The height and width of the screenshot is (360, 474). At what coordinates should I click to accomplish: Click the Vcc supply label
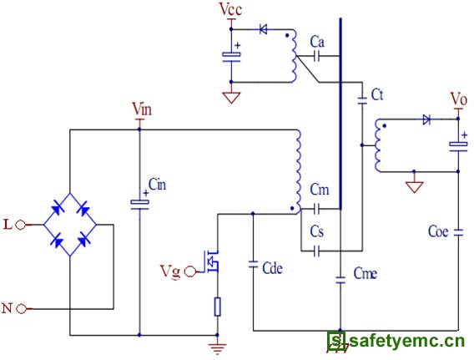[230, 9]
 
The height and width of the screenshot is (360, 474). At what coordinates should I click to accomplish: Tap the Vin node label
[142, 109]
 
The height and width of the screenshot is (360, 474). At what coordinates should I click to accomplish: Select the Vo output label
[459, 99]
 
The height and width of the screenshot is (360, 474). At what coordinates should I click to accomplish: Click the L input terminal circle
[21, 225]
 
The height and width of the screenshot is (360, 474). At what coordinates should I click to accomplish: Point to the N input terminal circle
[21, 309]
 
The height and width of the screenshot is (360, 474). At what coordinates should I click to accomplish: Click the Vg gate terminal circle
[189, 271]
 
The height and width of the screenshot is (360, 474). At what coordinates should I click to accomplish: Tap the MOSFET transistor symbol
[211, 261]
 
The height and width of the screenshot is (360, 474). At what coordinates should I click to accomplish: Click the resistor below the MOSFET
[217, 307]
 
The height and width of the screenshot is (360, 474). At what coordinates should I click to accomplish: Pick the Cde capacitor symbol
[253, 265]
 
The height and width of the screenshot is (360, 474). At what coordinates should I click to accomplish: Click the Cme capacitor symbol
[340, 280]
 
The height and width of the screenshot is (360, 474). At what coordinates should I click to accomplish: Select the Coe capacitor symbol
[458, 232]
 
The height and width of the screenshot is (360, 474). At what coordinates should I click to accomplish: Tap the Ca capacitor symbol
[316, 56]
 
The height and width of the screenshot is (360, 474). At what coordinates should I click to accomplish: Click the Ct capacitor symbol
[362, 101]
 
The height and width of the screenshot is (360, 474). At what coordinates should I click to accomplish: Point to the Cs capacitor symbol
[316, 251]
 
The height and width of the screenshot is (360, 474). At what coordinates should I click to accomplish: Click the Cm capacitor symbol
[316, 209]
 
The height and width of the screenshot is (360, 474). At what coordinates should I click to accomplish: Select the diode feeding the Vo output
[426, 119]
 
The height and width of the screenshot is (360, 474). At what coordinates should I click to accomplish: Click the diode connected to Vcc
[264, 29]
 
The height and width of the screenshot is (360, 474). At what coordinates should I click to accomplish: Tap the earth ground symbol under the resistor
[217, 347]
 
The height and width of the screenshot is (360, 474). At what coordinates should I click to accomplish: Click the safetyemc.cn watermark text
[407, 342]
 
